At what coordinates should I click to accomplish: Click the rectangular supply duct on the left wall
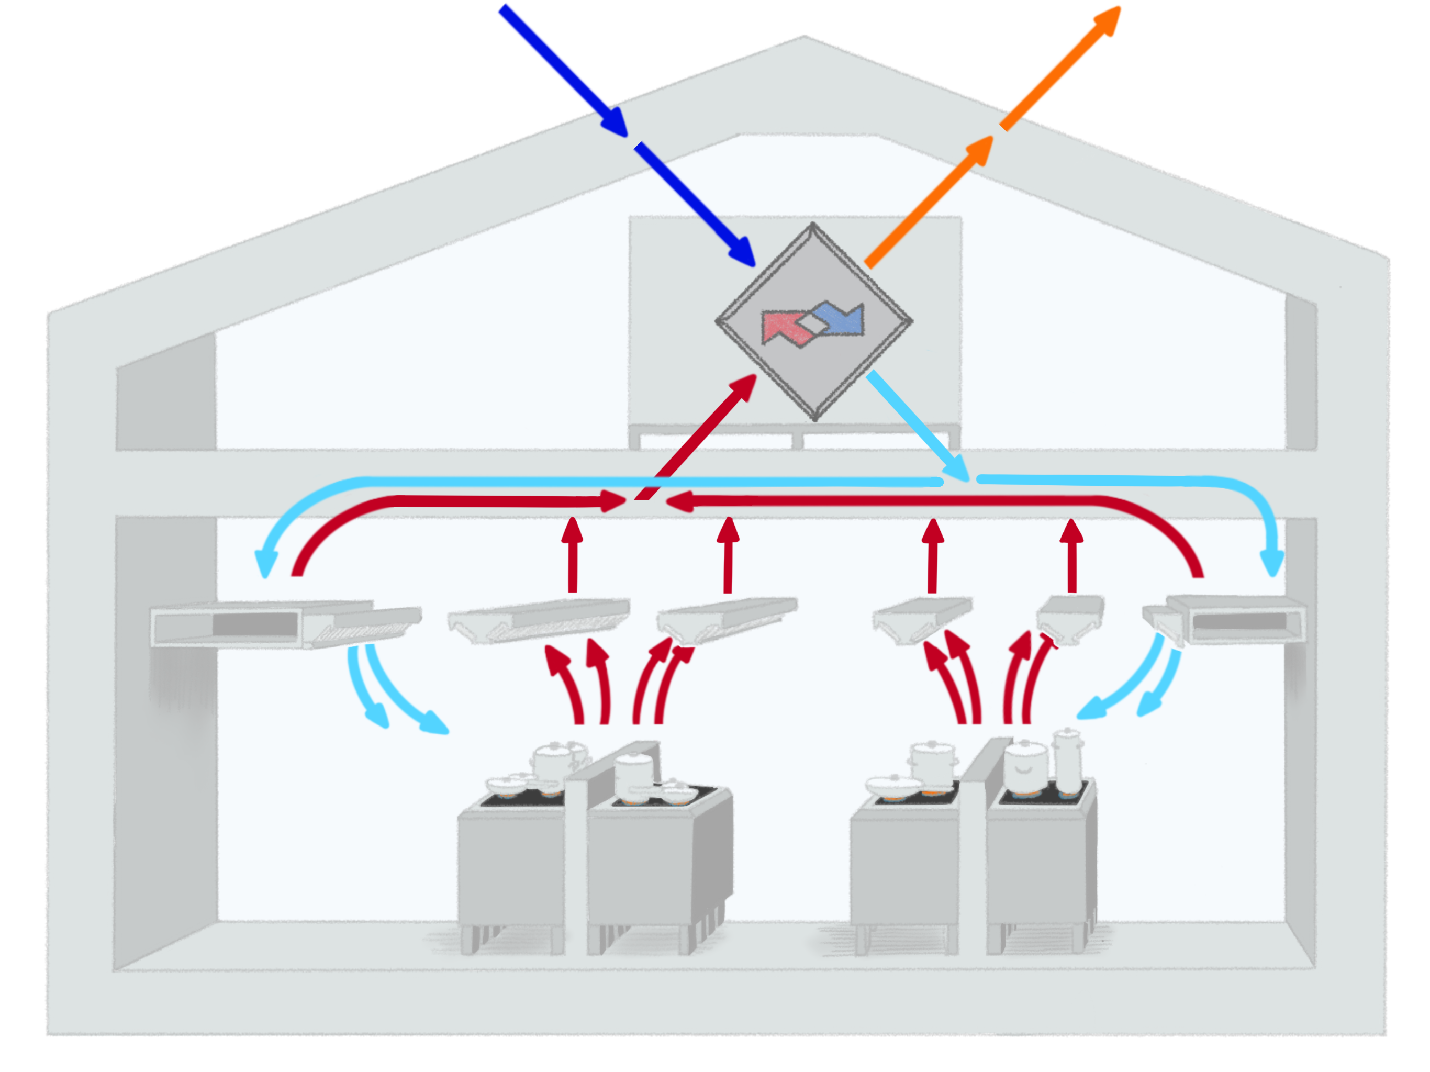pyautogui.click(x=226, y=624)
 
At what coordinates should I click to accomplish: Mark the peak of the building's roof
pyautogui.click(x=803, y=38)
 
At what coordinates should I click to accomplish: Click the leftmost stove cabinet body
pyautogui.click(x=511, y=866)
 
